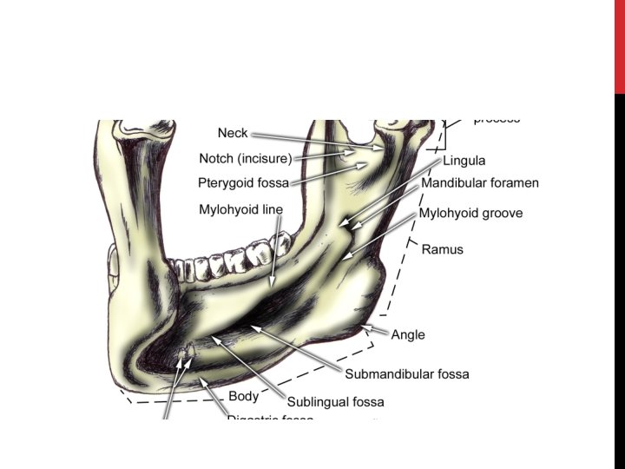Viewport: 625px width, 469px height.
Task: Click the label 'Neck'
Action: tap(233, 133)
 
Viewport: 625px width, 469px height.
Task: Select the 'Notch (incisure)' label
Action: tap(246, 158)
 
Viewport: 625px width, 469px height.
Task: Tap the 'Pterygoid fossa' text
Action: tap(243, 183)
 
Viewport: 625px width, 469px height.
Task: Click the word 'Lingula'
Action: tap(464, 161)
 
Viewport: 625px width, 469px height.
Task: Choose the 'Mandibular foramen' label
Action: tap(480, 183)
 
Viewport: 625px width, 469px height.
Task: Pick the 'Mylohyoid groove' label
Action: tap(471, 213)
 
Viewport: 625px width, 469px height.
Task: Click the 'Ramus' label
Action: tap(443, 249)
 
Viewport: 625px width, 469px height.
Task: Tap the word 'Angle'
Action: tap(408, 334)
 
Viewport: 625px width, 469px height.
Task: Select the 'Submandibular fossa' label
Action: tap(407, 374)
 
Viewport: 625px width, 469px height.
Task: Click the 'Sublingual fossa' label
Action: tap(335, 402)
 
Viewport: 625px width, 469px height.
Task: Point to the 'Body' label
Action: tap(243, 397)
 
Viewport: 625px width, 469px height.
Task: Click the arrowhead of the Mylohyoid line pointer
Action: tap(272, 287)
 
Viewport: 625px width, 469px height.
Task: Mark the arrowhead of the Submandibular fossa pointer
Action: tap(253, 327)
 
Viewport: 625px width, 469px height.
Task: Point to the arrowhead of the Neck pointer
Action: tap(383, 149)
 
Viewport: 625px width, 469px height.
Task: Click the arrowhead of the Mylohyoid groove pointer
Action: tap(346, 258)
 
